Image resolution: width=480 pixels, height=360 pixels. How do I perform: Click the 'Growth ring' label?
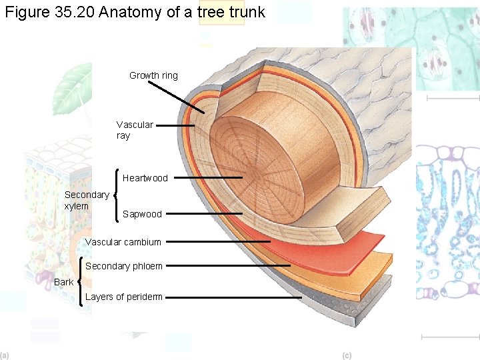153,75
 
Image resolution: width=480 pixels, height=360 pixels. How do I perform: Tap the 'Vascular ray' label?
134,130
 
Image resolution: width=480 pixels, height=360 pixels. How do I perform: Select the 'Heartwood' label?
145,178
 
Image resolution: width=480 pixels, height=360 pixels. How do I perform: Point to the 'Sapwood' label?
142,214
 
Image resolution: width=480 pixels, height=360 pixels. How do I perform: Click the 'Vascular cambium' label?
123,242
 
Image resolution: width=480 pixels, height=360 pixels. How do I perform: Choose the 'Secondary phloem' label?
124,266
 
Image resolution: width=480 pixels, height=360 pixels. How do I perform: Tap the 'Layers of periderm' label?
124,297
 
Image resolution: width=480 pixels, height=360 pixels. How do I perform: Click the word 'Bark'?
64,282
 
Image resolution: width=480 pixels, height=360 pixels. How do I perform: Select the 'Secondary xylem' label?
87,200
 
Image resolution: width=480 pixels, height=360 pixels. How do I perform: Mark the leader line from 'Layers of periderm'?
233,297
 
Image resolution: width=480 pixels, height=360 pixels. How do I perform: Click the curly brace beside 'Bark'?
81,281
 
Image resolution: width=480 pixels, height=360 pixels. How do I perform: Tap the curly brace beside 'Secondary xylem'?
117,196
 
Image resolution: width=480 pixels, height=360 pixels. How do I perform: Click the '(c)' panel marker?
347,355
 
